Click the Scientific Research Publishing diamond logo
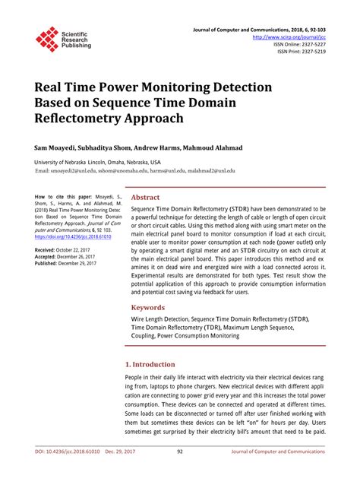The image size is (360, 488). click(46, 39)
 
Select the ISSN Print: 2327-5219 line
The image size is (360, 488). click(302, 52)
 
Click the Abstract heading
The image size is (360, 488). click(146, 197)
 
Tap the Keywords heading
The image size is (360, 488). click(148, 308)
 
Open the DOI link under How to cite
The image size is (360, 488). click(73, 237)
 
